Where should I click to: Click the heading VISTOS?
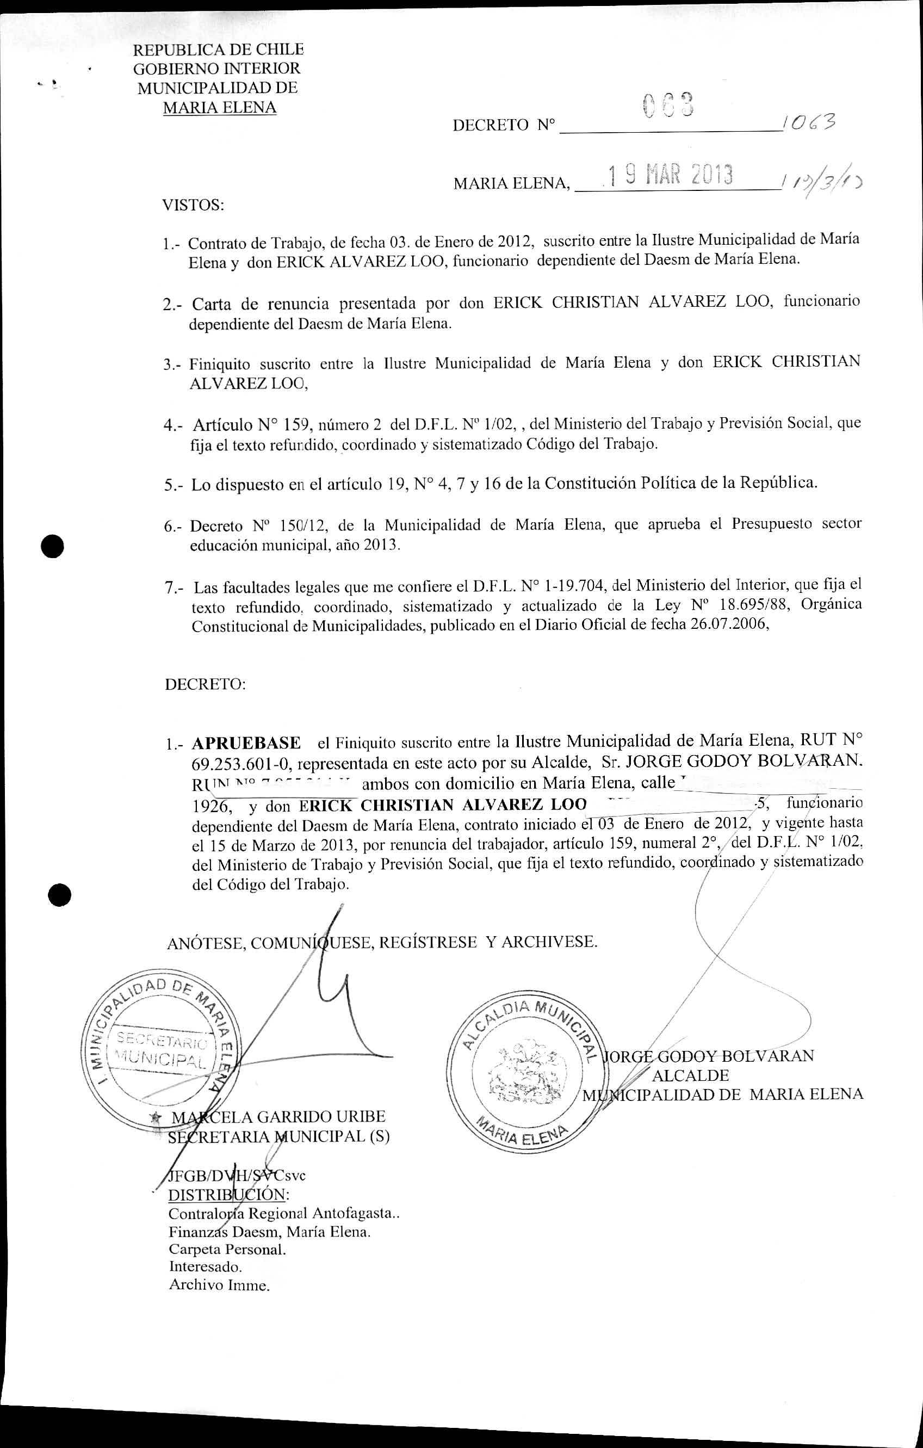point(193,206)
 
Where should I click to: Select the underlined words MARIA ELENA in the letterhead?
point(220,108)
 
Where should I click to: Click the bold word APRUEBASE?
point(246,743)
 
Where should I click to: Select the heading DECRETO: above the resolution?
point(205,684)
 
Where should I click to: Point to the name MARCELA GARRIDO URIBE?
point(278,1117)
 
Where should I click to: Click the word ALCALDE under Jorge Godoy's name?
point(690,1075)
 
